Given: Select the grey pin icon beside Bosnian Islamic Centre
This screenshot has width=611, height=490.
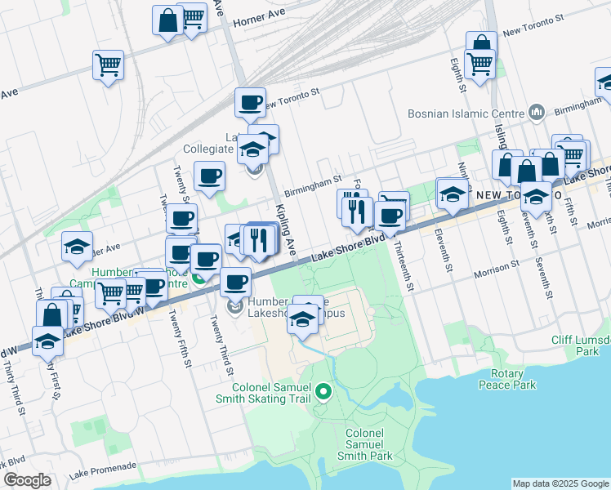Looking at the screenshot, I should (x=537, y=111).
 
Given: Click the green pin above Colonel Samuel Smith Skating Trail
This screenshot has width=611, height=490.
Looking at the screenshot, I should (x=323, y=394).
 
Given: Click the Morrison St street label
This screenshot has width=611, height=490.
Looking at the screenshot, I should (x=492, y=266).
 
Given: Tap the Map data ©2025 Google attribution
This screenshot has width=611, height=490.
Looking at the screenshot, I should (x=560, y=483).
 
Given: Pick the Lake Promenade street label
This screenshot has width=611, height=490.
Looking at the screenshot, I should (x=103, y=466).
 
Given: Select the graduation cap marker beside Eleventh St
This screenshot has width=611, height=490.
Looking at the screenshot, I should (x=451, y=194).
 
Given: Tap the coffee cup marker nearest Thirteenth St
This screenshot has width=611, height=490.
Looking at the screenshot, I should (x=390, y=216).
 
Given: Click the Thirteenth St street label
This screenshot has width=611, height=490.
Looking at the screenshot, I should (x=404, y=264).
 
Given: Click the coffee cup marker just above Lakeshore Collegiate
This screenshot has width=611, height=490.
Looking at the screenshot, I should (x=250, y=103).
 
